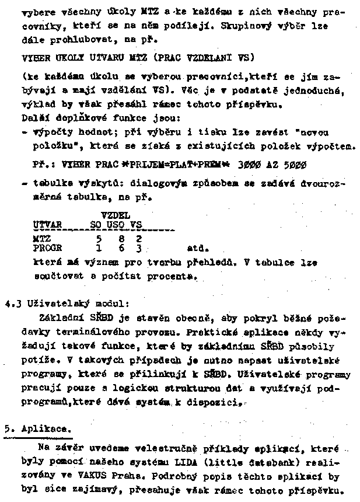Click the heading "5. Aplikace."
point(37,428)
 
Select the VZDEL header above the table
point(114,215)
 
